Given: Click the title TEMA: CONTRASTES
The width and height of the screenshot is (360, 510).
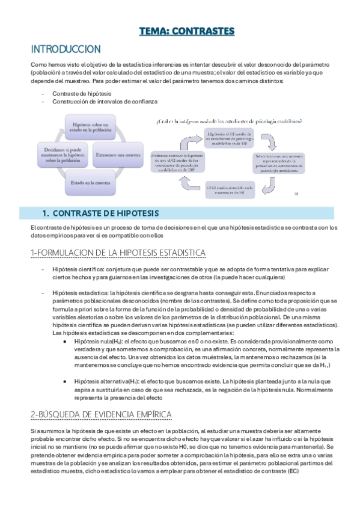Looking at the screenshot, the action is click(x=186, y=31).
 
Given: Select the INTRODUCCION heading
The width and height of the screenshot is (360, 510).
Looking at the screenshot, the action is click(x=66, y=49).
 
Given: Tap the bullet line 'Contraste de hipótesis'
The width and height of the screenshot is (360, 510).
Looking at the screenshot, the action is click(x=77, y=94).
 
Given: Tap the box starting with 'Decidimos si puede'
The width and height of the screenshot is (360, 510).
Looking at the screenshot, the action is click(x=61, y=153).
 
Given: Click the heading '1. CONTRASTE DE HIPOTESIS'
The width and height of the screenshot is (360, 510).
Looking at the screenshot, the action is click(x=99, y=213).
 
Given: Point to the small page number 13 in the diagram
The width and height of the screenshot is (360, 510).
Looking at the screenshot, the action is click(x=296, y=194).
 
